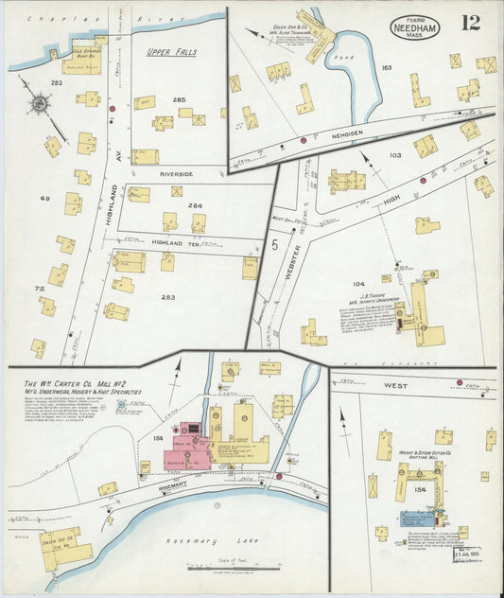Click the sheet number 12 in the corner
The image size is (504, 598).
click(x=469, y=22)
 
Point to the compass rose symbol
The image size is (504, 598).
click(x=39, y=105)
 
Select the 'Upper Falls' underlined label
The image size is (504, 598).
click(x=171, y=52)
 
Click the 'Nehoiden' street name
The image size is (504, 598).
click(x=363, y=134)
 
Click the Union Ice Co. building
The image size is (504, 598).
click(x=67, y=547)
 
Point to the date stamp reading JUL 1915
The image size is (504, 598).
click(x=471, y=553)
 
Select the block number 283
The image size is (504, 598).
click(x=167, y=298)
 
